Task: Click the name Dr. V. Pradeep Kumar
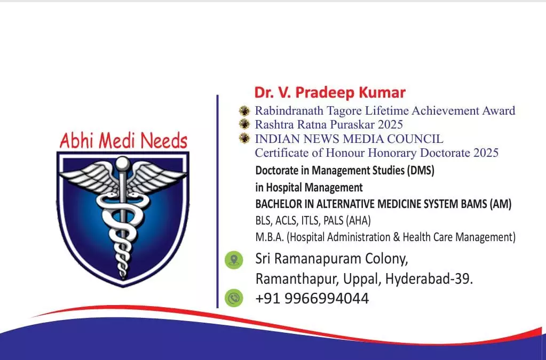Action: (x=330, y=92)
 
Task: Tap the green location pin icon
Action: (x=234, y=260)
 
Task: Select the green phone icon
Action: (x=234, y=298)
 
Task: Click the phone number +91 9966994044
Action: (x=312, y=299)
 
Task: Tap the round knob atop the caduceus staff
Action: (x=123, y=163)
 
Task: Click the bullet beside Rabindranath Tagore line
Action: (x=244, y=110)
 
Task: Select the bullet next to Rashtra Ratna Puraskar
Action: (x=244, y=124)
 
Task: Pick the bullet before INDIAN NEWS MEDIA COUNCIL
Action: (x=244, y=138)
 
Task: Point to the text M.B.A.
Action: (x=270, y=237)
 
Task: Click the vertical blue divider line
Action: (x=218, y=202)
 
